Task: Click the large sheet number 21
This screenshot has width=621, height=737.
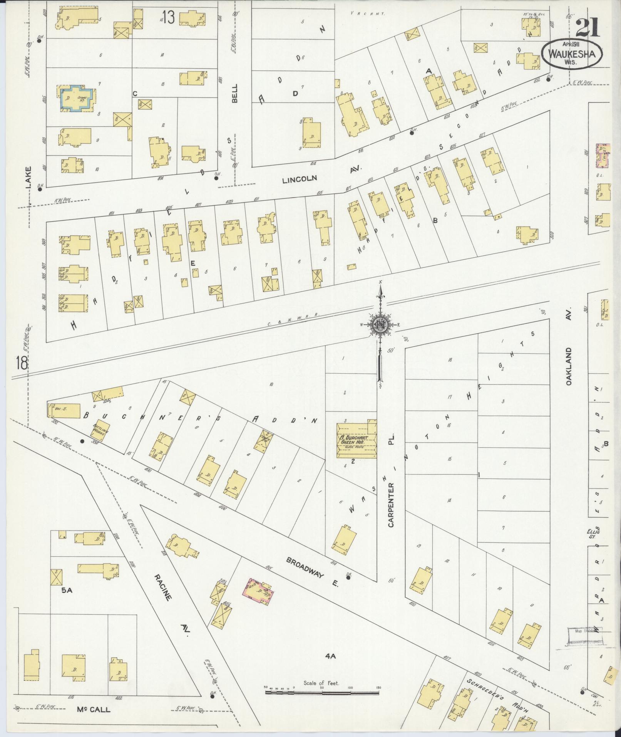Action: coord(588,28)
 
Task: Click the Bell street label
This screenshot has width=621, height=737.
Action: coord(235,93)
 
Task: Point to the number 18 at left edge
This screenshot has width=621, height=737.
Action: coord(22,363)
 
